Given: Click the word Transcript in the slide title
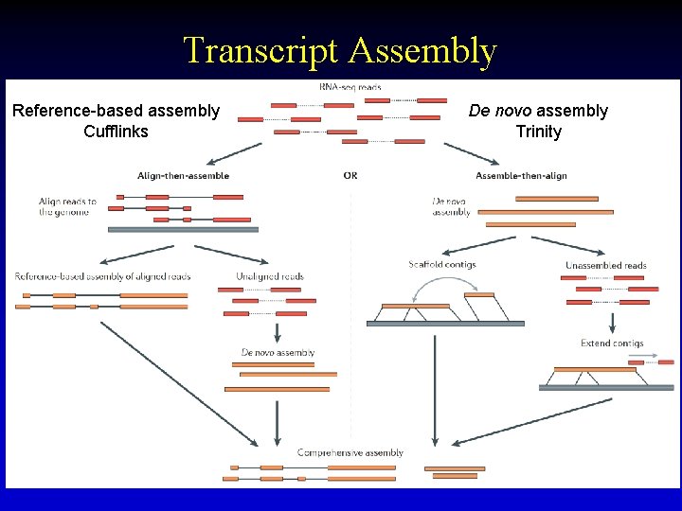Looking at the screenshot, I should pos(260,51).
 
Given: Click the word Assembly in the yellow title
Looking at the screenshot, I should pos(422,51).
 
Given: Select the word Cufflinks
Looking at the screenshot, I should pos(116,132).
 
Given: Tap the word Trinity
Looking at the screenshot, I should pos(538,132).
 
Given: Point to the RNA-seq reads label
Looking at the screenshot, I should pos(350,87).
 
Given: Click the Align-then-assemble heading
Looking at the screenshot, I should pos(183,176).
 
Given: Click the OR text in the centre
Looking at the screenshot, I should pos(350,176).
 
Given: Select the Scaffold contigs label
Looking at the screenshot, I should pos(441,265).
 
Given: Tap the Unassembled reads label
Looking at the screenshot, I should pos(605,265).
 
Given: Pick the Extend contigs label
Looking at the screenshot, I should pos(612,343).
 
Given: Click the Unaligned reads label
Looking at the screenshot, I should pos(270,276).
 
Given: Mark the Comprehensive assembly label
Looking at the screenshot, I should pos(350,453).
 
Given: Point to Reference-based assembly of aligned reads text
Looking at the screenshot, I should pos(102,276).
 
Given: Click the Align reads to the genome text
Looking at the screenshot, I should pos(68,206).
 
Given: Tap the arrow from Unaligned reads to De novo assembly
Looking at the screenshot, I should pos(277,333).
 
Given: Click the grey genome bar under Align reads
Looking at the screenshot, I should pos(183,229).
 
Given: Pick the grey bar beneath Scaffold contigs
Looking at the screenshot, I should pos(445,324).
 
